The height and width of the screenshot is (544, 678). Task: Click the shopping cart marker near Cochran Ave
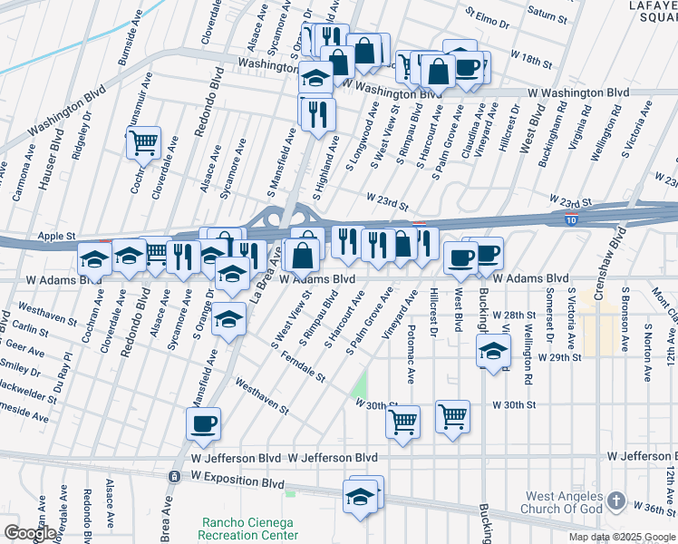[x=143, y=142]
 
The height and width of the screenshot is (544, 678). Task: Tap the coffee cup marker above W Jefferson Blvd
[x=203, y=423]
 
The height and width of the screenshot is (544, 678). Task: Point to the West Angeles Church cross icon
[x=615, y=500]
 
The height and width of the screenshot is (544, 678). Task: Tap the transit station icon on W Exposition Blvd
[x=174, y=476]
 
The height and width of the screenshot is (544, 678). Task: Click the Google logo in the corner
[x=30, y=533]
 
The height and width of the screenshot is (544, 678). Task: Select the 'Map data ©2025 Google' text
[x=622, y=537]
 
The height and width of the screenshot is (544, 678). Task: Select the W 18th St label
[x=530, y=62]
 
